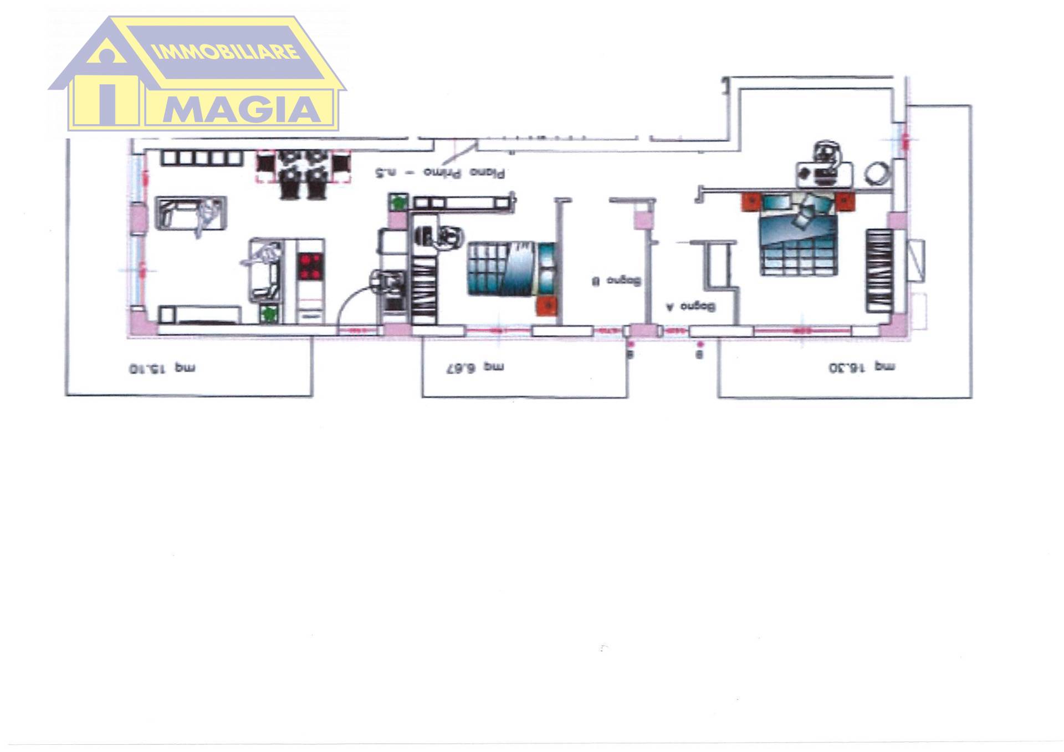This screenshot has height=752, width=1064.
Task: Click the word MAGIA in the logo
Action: [x=242, y=110]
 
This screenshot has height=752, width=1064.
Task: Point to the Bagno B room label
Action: [x=616, y=281]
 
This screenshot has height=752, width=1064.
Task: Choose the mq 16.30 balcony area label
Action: [x=861, y=367]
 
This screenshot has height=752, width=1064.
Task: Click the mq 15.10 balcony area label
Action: [x=162, y=368]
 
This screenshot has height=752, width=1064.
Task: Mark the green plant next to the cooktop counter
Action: [x=269, y=314]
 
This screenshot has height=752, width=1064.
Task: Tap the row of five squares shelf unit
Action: [x=202, y=158]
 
